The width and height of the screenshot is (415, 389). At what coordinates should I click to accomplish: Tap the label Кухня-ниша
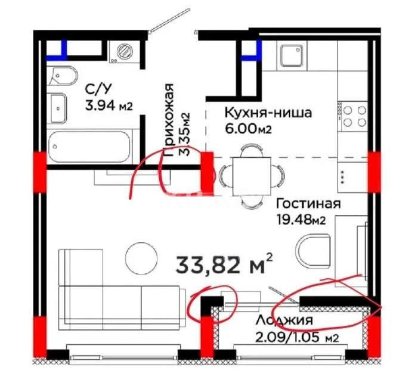click(259, 113)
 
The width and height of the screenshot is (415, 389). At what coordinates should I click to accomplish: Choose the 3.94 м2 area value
click(108, 106)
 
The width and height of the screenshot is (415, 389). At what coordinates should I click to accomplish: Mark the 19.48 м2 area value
click(301, 220)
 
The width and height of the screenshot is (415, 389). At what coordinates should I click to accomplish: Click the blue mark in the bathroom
click(63, 49)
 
